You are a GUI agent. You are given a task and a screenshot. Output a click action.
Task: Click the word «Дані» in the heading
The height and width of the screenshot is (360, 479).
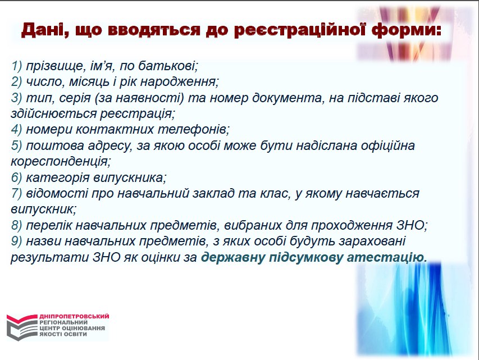pos(40,30)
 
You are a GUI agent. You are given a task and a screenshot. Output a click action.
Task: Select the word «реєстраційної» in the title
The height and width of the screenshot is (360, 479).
pos(300,30)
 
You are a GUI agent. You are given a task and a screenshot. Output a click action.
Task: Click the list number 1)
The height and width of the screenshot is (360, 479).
pos(16,66)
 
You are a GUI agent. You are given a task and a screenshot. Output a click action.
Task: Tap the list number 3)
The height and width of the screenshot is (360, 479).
pos(16,98)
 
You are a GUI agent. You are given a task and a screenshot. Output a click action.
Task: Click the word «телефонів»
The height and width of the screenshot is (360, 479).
pos(192,130)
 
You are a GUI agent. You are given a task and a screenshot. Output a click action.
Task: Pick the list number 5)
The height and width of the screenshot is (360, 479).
pos(16,146)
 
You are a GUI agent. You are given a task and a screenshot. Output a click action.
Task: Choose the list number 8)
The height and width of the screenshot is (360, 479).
pos(16,226)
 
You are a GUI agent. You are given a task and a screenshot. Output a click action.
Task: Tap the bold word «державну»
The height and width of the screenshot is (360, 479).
pos(233,258)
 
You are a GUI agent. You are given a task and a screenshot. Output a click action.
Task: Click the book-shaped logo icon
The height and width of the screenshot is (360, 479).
pos(22,327)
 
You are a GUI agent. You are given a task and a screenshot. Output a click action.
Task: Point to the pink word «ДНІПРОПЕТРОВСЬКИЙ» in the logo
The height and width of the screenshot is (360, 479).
pos(74,316)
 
